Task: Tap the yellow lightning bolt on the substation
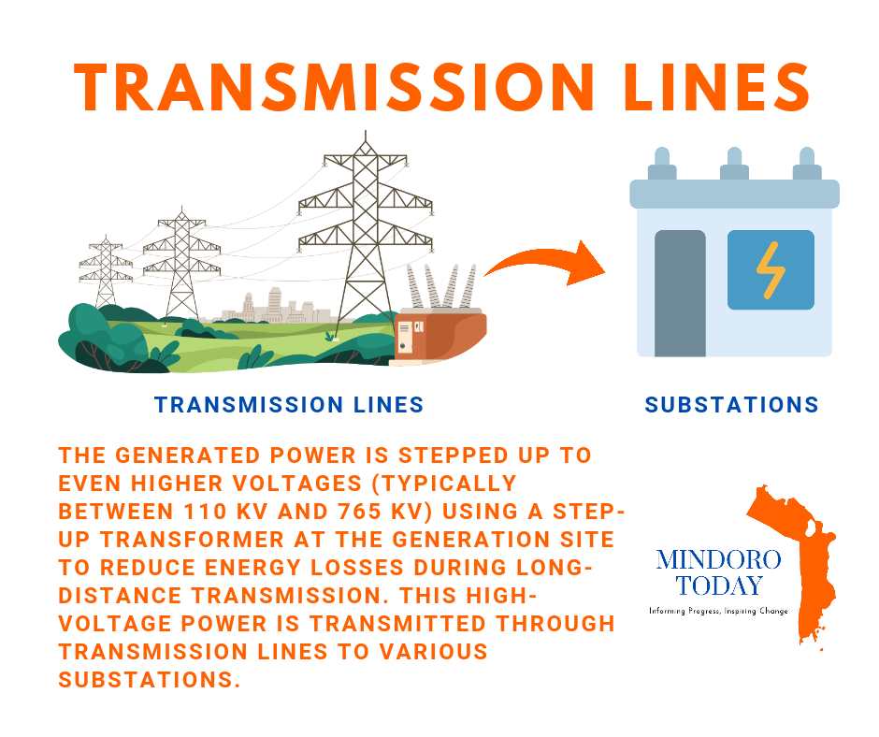pos(771,270)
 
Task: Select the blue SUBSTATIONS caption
pos(731,404)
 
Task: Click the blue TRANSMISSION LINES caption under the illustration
pos(289,404)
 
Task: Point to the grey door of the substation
pos(680,293)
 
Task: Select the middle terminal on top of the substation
pos(734,164)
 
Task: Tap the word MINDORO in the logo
pos(718,559)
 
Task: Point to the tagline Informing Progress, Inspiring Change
pos(718,611)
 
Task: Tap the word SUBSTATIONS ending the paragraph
pos(149,680)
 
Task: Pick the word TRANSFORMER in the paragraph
pos(193,540)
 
